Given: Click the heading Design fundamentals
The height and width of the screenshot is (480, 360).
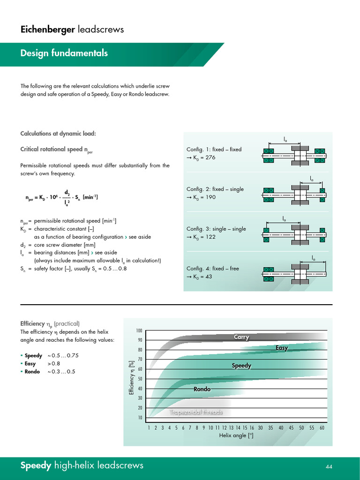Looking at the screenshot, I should click(64, 53).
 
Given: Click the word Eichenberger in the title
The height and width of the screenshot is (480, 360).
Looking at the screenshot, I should click(47, 30).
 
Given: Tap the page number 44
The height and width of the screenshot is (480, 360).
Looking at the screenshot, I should click(329, 466).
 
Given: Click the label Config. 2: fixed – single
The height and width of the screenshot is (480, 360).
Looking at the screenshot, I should click(215, 189).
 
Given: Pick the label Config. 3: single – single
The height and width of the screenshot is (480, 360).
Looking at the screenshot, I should click(216, 229).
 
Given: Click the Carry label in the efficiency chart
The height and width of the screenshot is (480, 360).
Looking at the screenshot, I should click(241, 337).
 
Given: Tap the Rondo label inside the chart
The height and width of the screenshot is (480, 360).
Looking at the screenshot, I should click(202, 389).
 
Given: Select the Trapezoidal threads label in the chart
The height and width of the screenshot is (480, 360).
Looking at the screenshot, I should click(196, 412).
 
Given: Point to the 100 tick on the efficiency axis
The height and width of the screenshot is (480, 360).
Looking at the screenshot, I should click(139, 330).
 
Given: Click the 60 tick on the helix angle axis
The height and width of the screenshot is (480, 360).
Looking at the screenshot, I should click(322, 427).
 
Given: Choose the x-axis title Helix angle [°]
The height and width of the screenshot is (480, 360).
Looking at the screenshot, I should click(236, 435).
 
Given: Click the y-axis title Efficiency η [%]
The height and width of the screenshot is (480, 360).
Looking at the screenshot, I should click(132, 377).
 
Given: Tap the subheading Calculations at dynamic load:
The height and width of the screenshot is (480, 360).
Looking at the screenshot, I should click(58, 134).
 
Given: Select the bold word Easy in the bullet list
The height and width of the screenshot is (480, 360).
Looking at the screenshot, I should click(30, 363).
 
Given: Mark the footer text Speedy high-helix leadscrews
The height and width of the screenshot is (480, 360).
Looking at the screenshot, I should click(82, 465).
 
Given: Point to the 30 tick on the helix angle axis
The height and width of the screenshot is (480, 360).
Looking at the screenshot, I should click(260, 427).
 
